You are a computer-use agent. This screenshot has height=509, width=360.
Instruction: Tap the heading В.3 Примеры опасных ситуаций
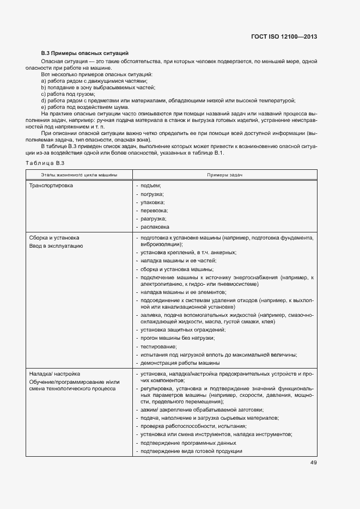coord(85,53)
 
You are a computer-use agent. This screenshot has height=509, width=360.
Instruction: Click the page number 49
coord(313,463)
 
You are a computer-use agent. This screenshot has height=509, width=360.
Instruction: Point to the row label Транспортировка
coord(54,186)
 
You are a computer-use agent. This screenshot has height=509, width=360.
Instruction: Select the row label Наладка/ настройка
coord(54,373)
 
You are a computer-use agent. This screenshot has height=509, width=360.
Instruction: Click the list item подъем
coord(150,186)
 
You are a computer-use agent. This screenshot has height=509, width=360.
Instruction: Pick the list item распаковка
coord(155,226)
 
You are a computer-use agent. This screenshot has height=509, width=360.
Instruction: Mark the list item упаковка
coord(152,202)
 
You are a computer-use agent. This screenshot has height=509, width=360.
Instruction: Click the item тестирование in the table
coord(158,346)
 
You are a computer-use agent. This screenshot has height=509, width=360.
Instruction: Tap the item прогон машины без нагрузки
coord(177,338)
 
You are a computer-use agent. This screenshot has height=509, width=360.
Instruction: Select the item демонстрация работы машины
coord(180,363)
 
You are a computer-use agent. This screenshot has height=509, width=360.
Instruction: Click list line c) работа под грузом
coord(68,94)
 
